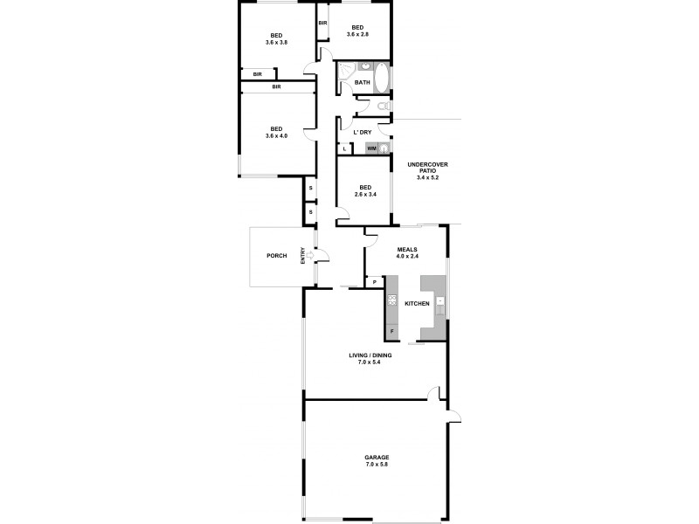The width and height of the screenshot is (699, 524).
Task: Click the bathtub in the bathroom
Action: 384,83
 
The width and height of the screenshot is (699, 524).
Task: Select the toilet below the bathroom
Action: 385,107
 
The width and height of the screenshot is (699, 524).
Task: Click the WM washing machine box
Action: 371,149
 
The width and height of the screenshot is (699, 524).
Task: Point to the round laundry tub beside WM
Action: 384,149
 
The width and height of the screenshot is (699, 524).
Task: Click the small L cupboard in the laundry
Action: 346,149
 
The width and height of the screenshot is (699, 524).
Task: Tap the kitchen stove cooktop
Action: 392,301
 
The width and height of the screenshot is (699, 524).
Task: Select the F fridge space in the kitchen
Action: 392,332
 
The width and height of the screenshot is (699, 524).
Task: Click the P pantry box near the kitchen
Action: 374,282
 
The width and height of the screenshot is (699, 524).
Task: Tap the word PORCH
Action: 277,256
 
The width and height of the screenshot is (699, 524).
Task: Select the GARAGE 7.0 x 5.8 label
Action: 377,460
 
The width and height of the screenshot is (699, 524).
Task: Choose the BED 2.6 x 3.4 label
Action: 365,190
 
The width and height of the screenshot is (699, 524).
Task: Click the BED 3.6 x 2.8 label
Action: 359,30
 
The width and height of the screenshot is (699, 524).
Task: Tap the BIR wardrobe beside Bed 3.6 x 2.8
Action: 322,23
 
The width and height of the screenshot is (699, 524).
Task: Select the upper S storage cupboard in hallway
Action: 310,189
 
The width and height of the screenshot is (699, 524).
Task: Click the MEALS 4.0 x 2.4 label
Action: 408,253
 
